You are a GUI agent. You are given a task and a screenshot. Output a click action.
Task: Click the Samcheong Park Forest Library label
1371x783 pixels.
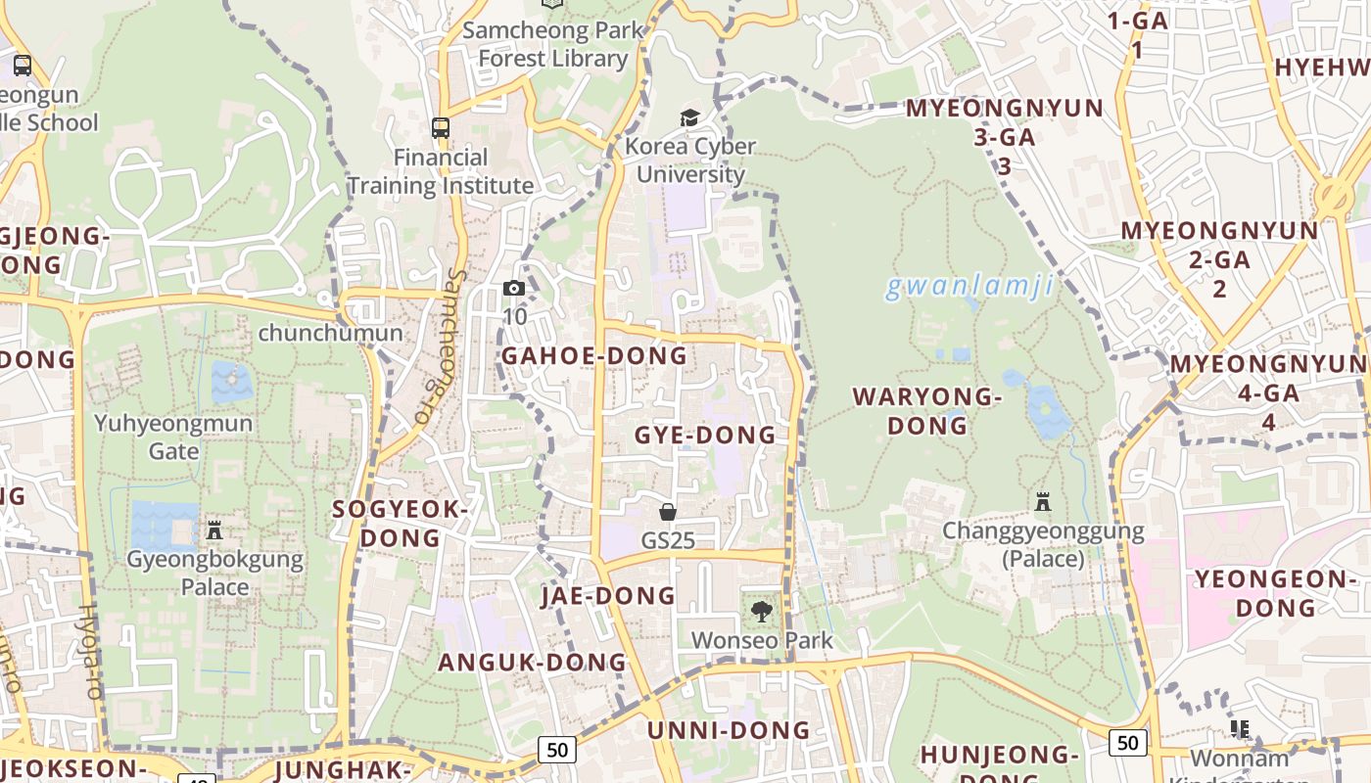click(x=553, y=44)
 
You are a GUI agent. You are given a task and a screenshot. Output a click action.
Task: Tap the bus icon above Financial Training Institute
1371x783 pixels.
click(x=441, y=127)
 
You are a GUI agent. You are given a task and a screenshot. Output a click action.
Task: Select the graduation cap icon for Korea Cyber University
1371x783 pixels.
click(x=690, y=118)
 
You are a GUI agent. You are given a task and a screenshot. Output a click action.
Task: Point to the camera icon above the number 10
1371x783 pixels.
click(x=513, y=288)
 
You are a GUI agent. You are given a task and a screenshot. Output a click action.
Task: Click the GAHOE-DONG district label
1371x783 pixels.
click(x=594, y=355)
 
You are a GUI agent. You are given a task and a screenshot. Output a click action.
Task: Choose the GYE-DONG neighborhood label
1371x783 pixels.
click(x=705, y=435)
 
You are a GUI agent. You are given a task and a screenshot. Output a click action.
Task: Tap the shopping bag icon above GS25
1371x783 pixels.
click(x=668, y=512)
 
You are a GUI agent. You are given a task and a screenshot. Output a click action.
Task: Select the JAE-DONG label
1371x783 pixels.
click(x=608, y=595)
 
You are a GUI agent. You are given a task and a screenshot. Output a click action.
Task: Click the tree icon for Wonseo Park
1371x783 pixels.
click(x=761, y=613)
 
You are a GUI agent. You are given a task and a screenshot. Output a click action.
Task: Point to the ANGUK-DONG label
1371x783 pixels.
click(x=532, y=662)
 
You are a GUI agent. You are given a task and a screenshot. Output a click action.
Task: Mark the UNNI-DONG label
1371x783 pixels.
click(x=729, y=730)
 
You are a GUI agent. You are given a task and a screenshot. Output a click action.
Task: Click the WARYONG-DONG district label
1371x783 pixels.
click(x=927, y=411)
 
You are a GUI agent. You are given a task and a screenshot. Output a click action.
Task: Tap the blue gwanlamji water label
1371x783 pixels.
click(x=969, y=287)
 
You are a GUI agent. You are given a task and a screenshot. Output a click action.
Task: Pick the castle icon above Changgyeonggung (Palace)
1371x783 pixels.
click(x=1043, y=502)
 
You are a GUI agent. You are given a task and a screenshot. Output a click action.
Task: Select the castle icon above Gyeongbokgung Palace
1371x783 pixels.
click(x=214, y=530)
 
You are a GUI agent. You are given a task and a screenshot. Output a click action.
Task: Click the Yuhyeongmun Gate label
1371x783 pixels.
click(x=173, y=438)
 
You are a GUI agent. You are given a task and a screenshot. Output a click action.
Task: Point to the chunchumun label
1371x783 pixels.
click(x=330, y=333)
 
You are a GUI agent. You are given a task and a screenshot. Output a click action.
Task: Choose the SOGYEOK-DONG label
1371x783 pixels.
click(x=401, y=524)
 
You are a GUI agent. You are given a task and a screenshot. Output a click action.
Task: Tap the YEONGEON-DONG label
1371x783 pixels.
click(x=1275, y=593)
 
